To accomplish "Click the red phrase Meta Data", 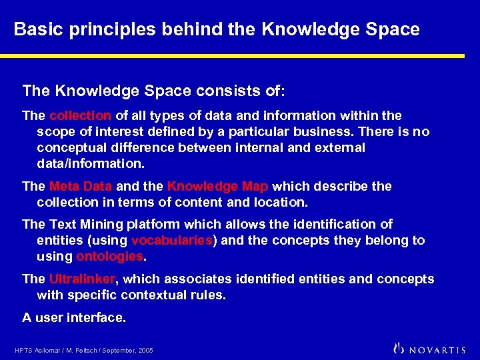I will point(80,186).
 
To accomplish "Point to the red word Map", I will point(255,186).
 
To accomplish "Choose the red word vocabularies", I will point(172,240).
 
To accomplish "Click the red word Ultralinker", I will point(82,279).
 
